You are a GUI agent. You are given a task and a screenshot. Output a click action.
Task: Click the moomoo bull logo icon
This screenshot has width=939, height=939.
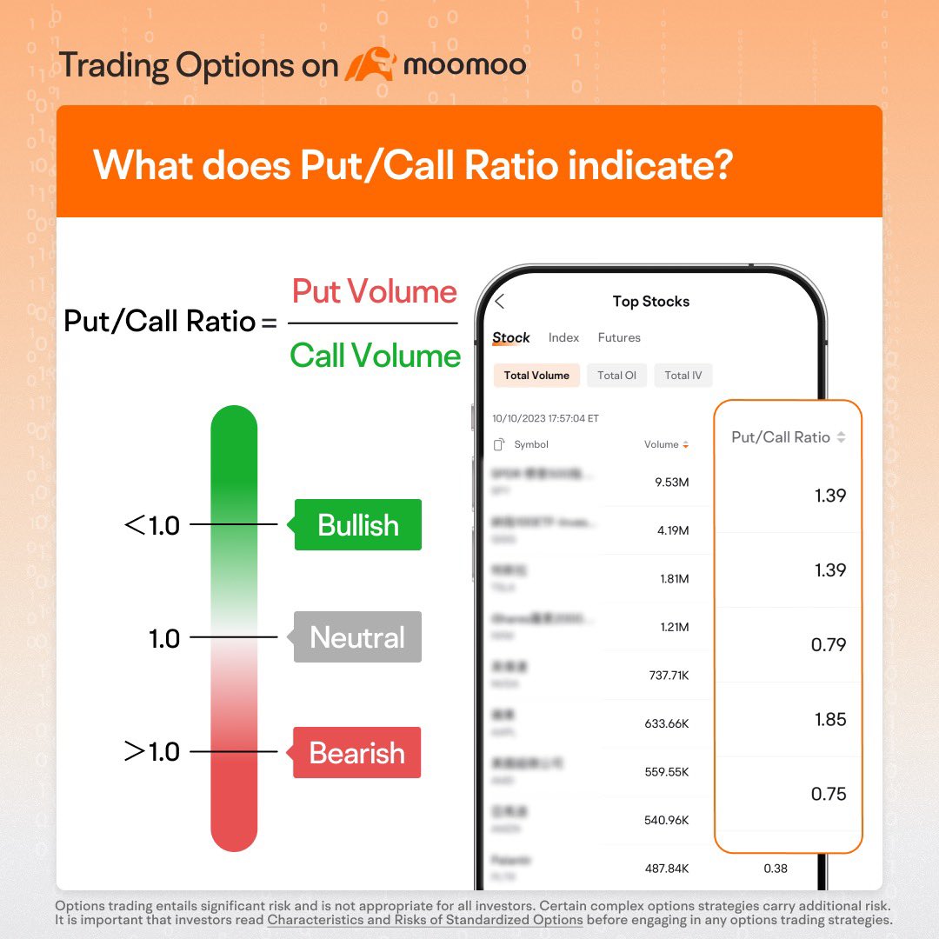pyautogui.click(x=370, y=65)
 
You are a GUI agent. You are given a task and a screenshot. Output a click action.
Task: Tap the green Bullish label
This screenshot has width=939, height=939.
pyautogui.click(x=357, y=525)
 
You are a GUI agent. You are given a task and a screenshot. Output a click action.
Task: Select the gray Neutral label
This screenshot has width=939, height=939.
pyautogui.click(x=357, y=637)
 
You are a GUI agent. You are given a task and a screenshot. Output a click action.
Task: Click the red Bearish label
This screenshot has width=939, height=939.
pyautogui.click(x=356, y=752)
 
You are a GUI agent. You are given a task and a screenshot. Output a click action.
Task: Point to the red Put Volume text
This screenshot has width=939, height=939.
pyautogui.click(x=374, y=291)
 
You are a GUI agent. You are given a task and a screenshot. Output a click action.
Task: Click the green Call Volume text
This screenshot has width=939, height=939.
pyautogui.click(x=375, y=356)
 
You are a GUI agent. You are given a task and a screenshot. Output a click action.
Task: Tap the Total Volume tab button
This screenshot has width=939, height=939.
pyautogui.click(x=536, y=376)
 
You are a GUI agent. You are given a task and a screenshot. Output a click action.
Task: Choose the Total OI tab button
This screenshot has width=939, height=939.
pyautogui.click(x=616, y=376)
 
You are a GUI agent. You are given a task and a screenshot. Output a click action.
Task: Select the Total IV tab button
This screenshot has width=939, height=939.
pyautogui.click(x=683, y=376)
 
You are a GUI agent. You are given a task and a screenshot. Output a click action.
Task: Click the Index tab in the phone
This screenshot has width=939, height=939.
pyautogui.click(x=563, y=337)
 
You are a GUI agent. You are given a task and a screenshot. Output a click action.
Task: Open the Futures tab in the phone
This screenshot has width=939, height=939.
pyautogui.click(x=619, y=337)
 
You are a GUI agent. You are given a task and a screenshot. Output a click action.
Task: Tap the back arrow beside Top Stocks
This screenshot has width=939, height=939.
pyautogui.click(x=500, y=302)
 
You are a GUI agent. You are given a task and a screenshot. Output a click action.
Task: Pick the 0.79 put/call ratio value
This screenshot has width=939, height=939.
pyautogui.click(x=828, y=644)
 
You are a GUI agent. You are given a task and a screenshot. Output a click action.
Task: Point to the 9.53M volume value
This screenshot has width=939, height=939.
pyautogui.click(x=671, y=482)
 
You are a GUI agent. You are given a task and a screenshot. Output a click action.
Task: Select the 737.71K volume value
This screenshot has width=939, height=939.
pyautogui.click(x=669, y=676)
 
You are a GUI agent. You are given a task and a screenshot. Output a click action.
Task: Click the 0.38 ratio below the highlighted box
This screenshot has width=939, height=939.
pyautogui.click(x=776, y=868)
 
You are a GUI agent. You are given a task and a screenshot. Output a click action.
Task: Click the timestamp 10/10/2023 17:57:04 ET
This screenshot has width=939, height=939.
pyautogui.click(x=545, y=418)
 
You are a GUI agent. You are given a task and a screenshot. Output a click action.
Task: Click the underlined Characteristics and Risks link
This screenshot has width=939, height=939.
pyautogui.click(x=425, y=920)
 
